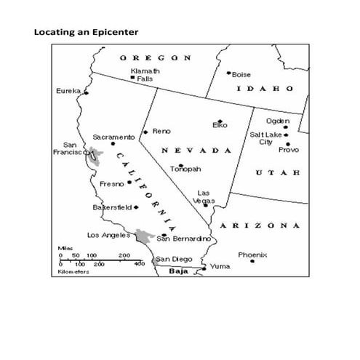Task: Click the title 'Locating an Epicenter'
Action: (x=86, y=32)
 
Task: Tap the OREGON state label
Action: (x=156, y=57)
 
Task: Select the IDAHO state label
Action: (x=265, y=88)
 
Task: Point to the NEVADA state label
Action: (x=196, y=150)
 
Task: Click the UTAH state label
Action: (x=276, y=172)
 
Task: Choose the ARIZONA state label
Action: (x=260, y=225)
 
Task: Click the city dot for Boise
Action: (x=228, y=73)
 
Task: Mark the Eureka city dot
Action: (x=86, y=92)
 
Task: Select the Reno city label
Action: (x=161, y=131)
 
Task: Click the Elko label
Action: (x=220, y=125)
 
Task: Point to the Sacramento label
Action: (x=113, y=137)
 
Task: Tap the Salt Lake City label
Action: (x=265, y=138)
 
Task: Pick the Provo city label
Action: (x=288, y=150)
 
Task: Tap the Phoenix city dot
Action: (x=252, y=261)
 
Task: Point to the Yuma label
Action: (x=219, y=266)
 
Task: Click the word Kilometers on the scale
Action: (x=74, y=272)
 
